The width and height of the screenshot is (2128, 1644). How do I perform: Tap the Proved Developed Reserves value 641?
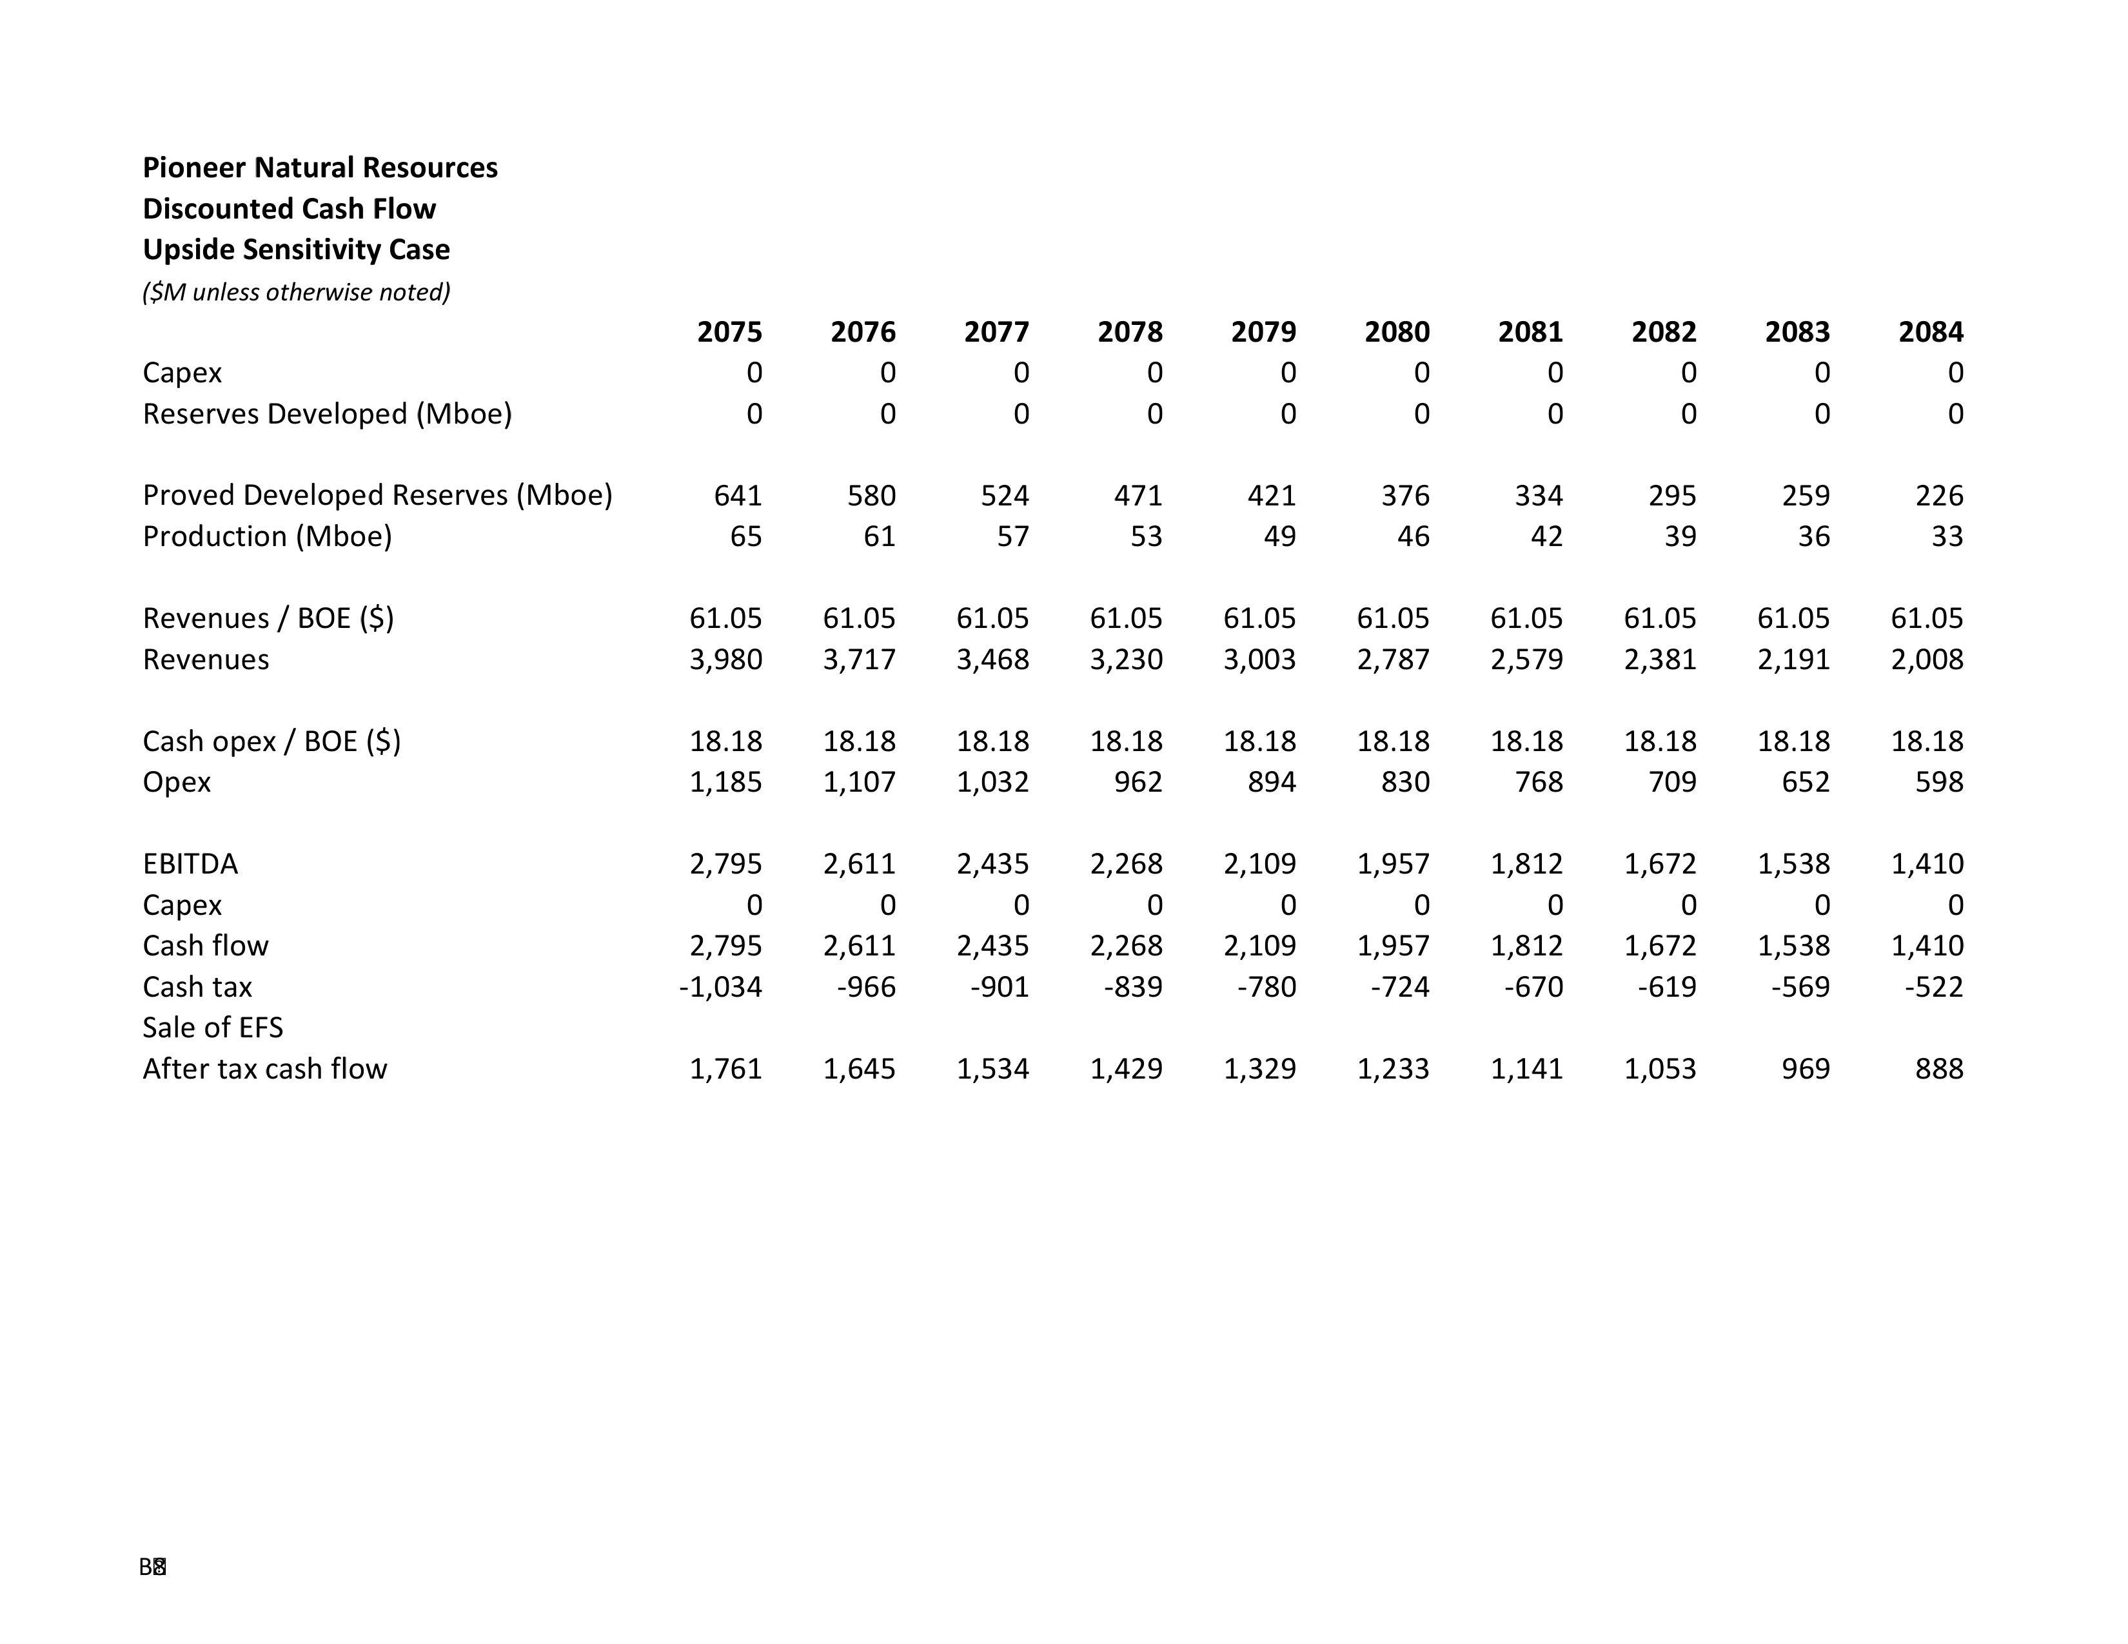(738, 496)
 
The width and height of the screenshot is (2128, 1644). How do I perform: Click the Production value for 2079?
(1279, 536)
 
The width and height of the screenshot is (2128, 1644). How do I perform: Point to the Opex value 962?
(1138, 782)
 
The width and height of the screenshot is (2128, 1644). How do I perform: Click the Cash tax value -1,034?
(720, 986)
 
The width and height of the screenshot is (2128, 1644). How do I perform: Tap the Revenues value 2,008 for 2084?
(1926, 660)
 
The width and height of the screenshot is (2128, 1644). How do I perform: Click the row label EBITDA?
(190, 864)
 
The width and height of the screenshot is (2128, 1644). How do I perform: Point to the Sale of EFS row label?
(212, 1028)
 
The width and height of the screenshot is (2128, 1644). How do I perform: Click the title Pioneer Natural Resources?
(320, 168)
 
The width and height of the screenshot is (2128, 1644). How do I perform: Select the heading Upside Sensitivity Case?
(296, 250)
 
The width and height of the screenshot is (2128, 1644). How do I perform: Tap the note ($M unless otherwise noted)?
(296, 292)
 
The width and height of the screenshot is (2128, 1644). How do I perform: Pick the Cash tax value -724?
(1399, 986)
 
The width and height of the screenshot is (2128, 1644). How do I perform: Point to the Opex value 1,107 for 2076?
(858, 782)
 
